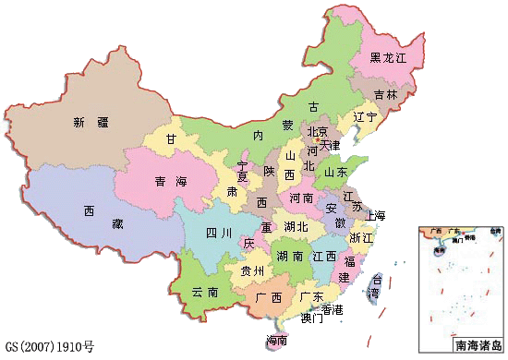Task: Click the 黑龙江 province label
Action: (x=389, y=58)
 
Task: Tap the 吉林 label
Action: (x=386, y=95)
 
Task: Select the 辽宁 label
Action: (x=365, y=118)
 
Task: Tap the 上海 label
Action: (x=375, y=216)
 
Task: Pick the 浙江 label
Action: (x=361, y=237)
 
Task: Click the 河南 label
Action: (x=301, y=198)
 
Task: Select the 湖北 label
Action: (x=296, y=227)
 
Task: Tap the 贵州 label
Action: (x=252, y=271)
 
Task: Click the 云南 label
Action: (x=204, y=292)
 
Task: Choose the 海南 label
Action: (x=276, y=341)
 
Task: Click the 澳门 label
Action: (x=311, y=319)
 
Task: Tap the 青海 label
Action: (x=166, y=182)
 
